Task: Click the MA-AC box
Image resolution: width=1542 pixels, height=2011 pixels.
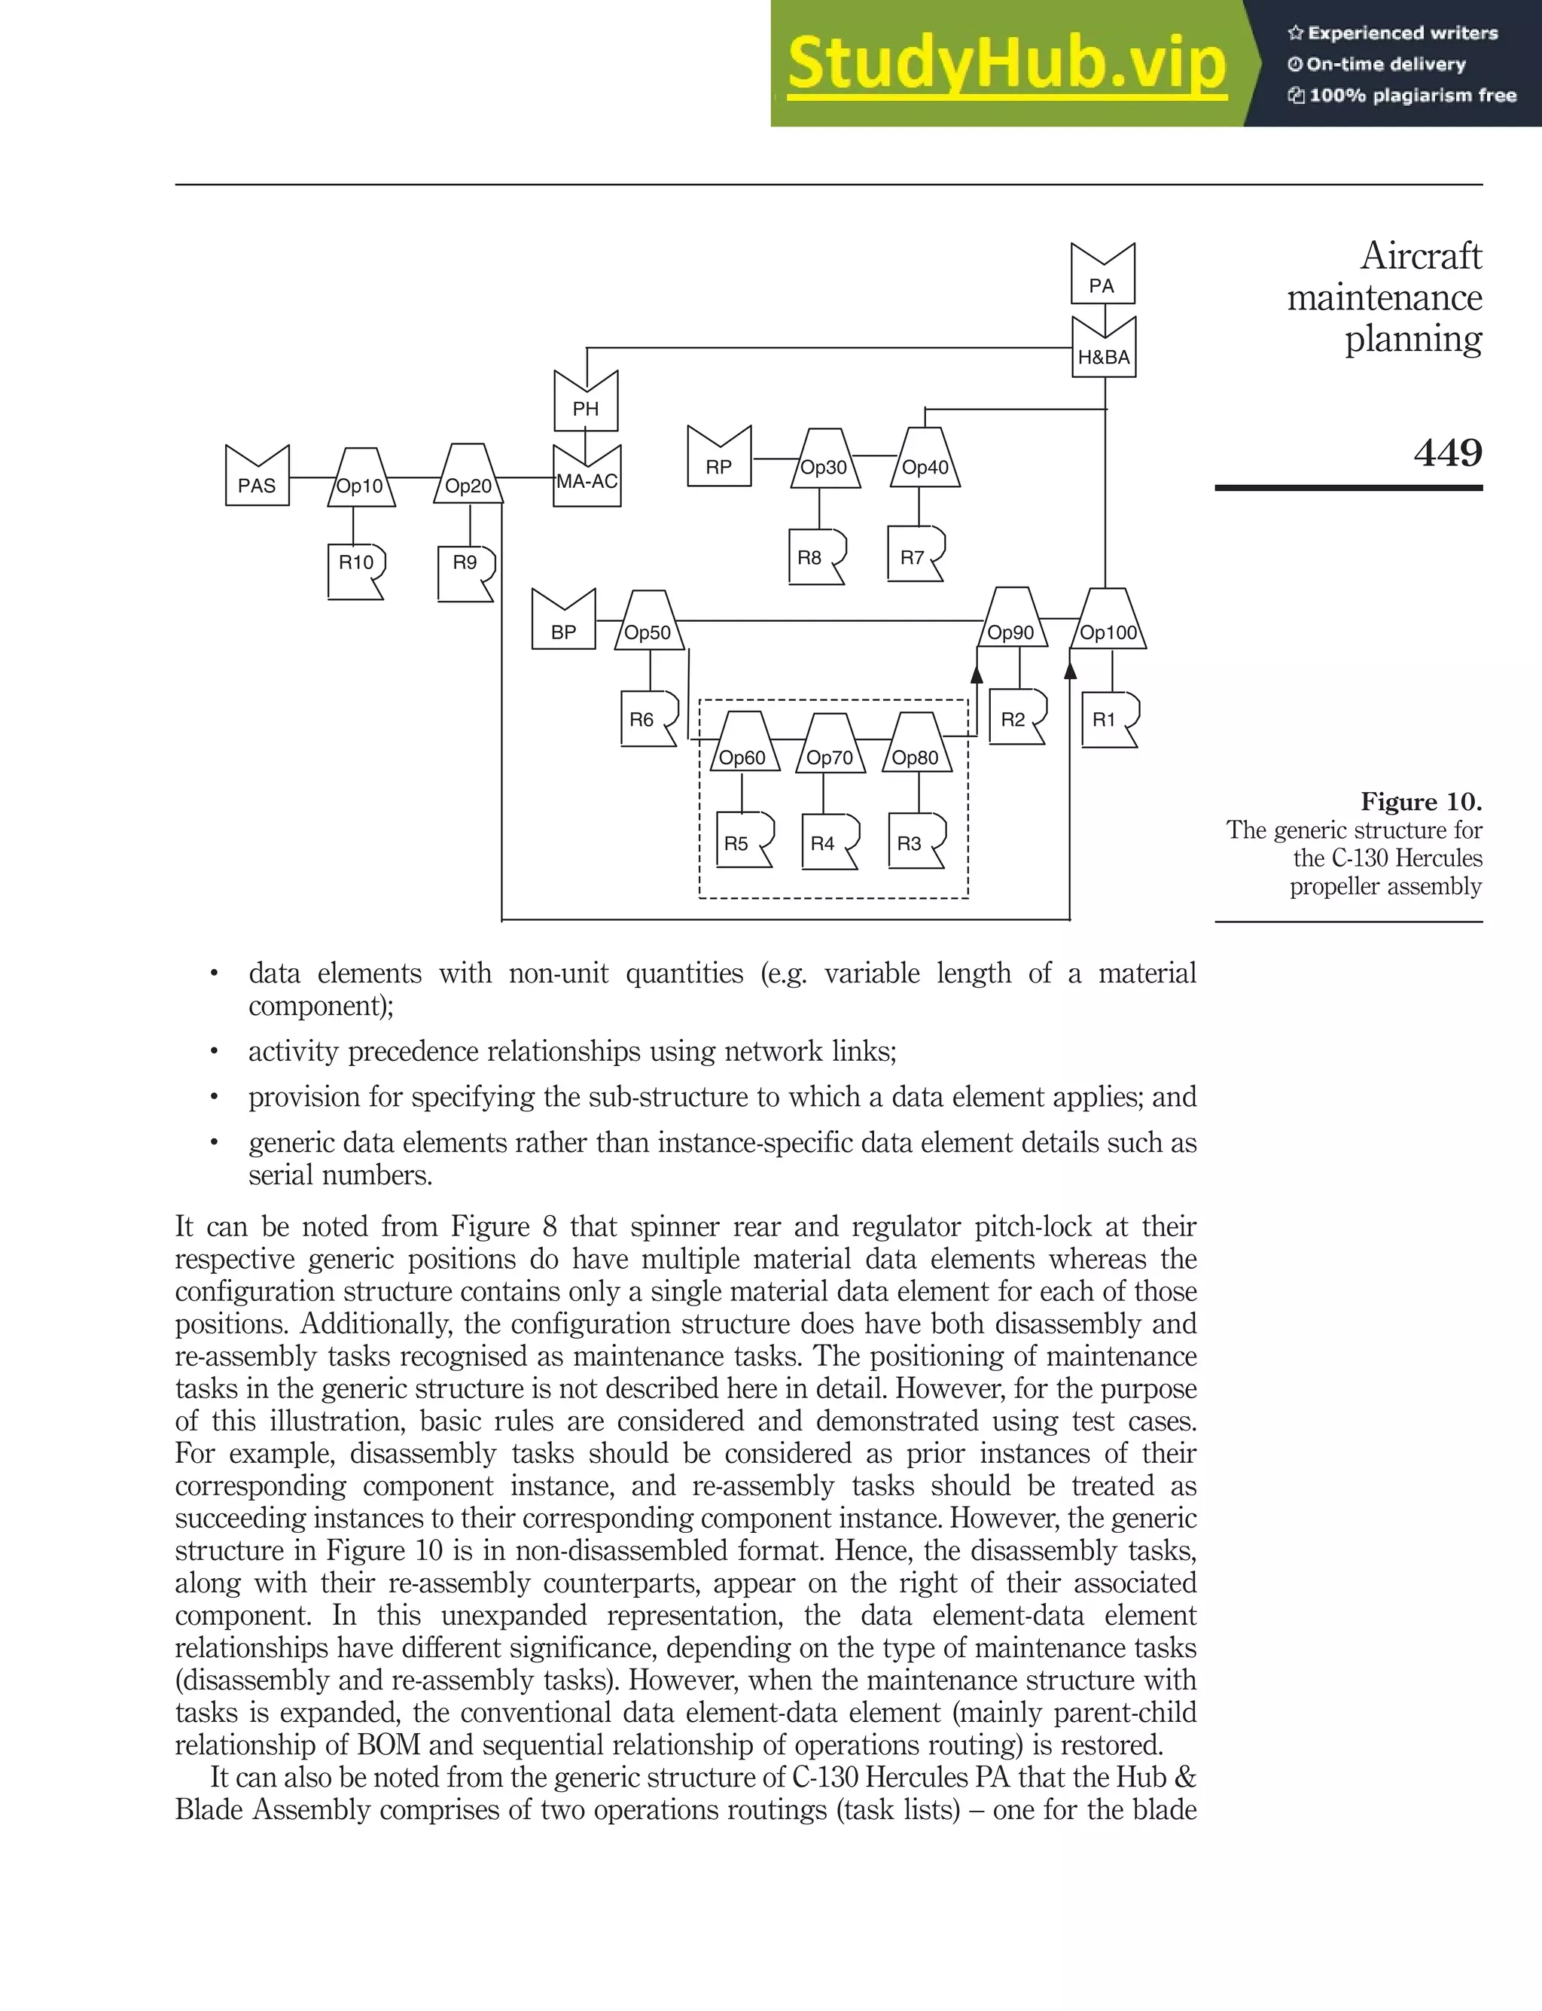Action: click(x=587, y=477)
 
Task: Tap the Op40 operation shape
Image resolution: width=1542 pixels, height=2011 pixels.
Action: click(x=925, y=462)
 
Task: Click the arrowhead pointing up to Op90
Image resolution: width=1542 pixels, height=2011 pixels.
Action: click(x=977, y=675)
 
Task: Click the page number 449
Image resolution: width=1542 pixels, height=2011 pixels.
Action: click(x=1447, y=452)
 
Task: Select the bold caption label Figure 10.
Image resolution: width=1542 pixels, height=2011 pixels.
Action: click(x=1421, y=801)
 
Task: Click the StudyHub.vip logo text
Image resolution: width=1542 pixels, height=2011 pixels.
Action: click(x=1007, y=63)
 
